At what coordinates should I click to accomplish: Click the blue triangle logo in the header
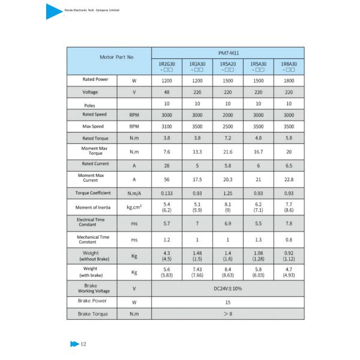tap(53, 11)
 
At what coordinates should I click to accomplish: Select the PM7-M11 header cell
tap(227, 52)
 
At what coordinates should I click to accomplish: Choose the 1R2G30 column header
tap(166, 66)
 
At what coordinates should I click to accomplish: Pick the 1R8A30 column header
tap(289, 66)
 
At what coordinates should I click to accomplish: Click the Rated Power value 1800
tap(289, 80)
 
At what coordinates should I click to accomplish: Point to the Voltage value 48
tap(166, 92)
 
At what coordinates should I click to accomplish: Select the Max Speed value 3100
tap(166, 127)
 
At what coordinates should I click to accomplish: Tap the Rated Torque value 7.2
tap(227, 139)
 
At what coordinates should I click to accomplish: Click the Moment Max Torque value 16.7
tap(258, 152)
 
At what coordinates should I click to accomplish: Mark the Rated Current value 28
tap(166, 164)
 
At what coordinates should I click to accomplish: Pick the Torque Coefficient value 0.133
tap(166, 193)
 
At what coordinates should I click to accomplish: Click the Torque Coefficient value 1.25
tap(227, 193)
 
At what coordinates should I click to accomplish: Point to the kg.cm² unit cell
tap(134, 208)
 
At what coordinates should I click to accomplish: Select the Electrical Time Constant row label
tap(91, 223)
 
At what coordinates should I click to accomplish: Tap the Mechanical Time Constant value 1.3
tap(258, 239)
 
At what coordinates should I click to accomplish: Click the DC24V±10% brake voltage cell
tap(227, 288)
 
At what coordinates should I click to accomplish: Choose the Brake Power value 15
tap(227, 302)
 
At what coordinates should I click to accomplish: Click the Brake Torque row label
tap(91, 314)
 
